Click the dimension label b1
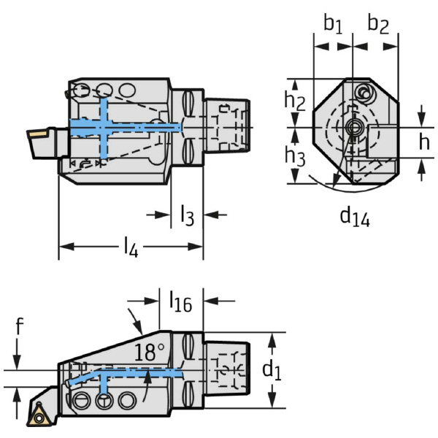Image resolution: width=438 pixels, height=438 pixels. (x=333, y=24)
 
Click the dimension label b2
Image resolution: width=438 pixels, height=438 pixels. (x=377, y=24)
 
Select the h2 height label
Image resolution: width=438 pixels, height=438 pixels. (x=294, y=100)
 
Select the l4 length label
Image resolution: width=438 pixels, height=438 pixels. (x=130, y=247)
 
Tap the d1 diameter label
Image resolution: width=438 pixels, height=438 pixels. (x=272, y=370)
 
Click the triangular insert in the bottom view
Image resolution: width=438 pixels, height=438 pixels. (x=37, y=415)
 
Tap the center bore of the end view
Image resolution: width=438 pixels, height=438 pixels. (x=355, y=129)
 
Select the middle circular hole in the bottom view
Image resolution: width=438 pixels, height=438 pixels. (x=104, y=400)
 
